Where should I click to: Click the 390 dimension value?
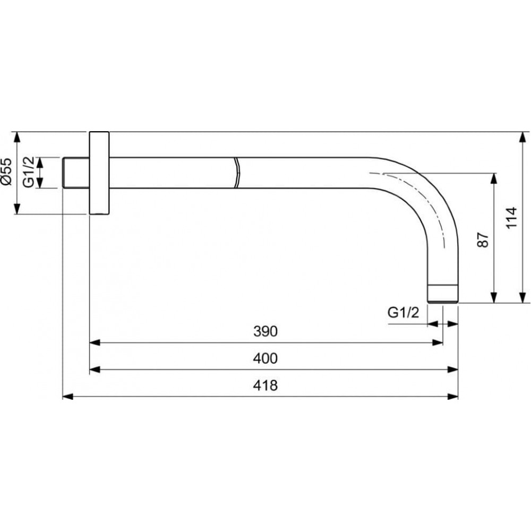point(265,331)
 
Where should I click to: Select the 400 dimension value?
point(265,358)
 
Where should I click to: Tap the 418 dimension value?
point(265,386)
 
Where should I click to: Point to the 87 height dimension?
point(483,239)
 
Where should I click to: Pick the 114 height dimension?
point(511,217)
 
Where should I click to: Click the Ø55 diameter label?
point(6,172)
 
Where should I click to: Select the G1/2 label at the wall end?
point(29,172)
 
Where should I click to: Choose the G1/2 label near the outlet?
point(404,312)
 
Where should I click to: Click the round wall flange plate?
point(99,173)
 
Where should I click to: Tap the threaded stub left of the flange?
point(76,173)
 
